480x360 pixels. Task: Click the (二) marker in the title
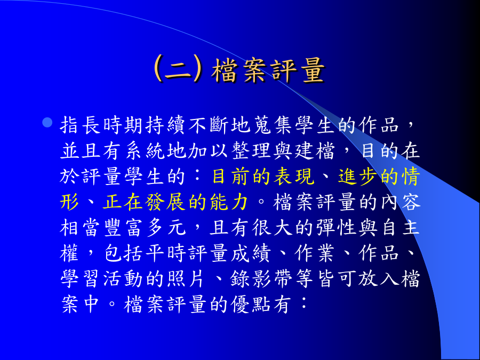[178, 69]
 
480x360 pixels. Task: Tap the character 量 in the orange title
[313, 70]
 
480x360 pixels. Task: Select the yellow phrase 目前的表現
[263, 177]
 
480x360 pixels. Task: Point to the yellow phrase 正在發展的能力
[175, 202]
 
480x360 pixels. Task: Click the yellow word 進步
[359, 177]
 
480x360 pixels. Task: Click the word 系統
[146, 151]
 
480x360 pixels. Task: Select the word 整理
[252, 151]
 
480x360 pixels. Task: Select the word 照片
[187, 279]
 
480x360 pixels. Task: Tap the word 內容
[401, 202]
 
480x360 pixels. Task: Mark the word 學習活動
[102, 279]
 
